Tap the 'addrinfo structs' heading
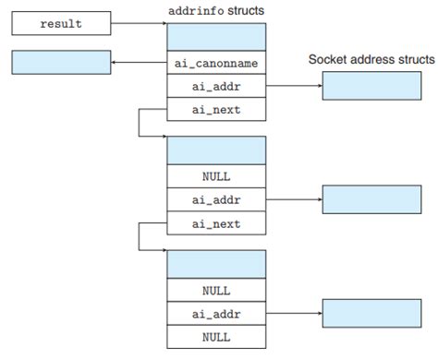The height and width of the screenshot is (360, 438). click(x=216, y=10)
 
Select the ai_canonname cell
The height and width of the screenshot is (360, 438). click(x=216, y=64)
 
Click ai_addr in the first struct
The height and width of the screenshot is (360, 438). click(x=216, y=88)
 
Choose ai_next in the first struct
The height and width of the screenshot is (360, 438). click(x=216, y=111)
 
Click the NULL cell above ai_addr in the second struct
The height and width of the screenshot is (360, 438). click(x=216, y=175)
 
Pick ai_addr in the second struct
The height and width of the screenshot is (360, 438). click(x=216, y=198)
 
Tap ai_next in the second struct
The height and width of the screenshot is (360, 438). click(x=216, y=222)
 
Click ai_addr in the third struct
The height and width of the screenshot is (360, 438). click(x=216, y=314)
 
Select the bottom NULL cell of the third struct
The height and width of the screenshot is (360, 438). click(x=216, y=337)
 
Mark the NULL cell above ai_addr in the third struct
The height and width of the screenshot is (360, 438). click(x=216, y=290)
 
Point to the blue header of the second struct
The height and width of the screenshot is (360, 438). click(x=216, y=150)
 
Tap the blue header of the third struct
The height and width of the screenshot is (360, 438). click(x=216, y=264)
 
